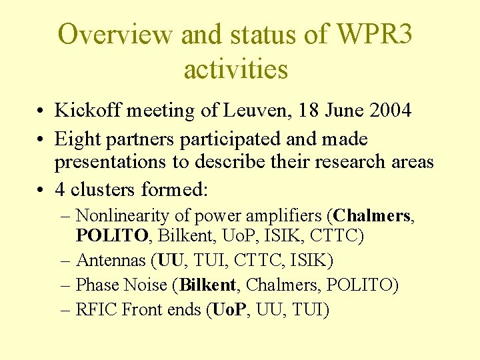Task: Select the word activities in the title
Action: (236, 69)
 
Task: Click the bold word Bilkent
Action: (207, 285)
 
